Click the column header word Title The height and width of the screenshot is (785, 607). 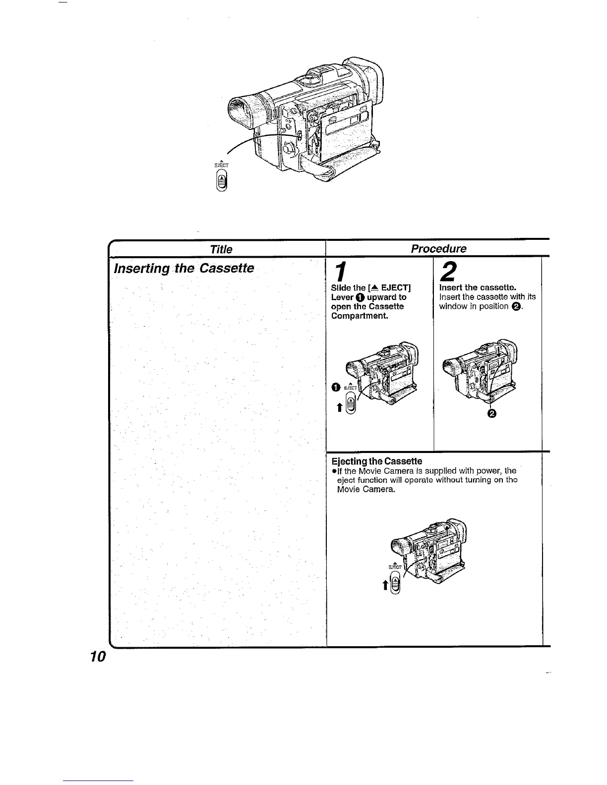pos(221,249)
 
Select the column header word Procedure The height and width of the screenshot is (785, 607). pos(439,248)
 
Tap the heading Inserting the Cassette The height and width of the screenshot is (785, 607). pos(184,269)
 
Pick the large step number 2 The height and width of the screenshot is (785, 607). pos(449,273)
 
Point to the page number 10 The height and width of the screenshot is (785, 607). pos(99,657)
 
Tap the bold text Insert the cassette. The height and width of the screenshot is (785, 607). pos(478,288)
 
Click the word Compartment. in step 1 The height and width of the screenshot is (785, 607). pos(360,316)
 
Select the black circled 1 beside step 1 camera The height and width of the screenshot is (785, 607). pos(335,387)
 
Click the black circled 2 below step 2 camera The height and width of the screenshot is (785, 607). pos(492,414)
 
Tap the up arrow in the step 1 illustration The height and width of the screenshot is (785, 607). pos(339,407)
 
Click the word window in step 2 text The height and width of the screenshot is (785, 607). pos(453,306)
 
